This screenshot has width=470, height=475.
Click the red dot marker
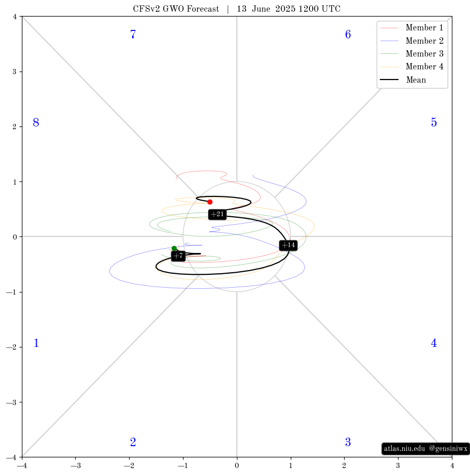coord(210,202)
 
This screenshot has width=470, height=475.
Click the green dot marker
coord(174,248)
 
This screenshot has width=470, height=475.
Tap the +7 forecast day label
coord(178,256)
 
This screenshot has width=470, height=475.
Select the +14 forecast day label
coord(288,245)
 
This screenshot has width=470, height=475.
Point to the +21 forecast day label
coord(218,215)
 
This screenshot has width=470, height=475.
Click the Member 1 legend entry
coord(412,28)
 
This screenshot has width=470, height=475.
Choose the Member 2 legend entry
coord(412,41)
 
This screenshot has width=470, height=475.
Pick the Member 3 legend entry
coord(412,53)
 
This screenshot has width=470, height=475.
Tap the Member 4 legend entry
coord(412,66)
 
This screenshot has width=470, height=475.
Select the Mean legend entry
coord(403,80)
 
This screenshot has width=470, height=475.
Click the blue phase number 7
coord(133,35)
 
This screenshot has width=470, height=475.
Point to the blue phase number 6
coord(348,35)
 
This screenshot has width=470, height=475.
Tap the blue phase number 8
coord(36,123)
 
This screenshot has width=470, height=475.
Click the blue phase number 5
coord(434,123)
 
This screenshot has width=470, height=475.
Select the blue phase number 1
coord(36,343)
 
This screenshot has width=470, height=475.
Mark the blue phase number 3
coord(348,442)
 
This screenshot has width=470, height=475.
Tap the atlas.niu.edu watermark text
coord(404,449)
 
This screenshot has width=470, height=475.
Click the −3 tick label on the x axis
coord(75,465)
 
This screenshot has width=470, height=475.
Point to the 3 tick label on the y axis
coord(14,72)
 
